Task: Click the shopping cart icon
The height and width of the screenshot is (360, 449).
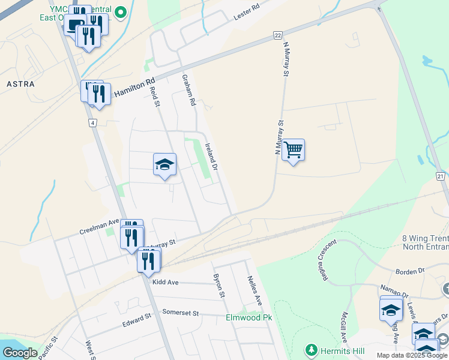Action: point(293,149)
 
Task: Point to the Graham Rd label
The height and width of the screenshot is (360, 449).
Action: point(189,90)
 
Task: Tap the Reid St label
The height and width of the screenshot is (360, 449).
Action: point(155,96)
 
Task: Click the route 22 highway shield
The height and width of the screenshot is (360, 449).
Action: point(277,35)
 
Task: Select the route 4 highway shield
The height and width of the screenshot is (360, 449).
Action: point(92,123)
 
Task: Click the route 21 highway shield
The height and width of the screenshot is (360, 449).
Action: point(440,176)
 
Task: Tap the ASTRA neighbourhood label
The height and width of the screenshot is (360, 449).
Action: point(20,84)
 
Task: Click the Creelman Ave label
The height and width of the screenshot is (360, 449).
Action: point(99,229)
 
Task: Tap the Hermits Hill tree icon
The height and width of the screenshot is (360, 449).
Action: point(311,349)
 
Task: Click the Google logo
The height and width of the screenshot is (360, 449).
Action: point(20,353)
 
